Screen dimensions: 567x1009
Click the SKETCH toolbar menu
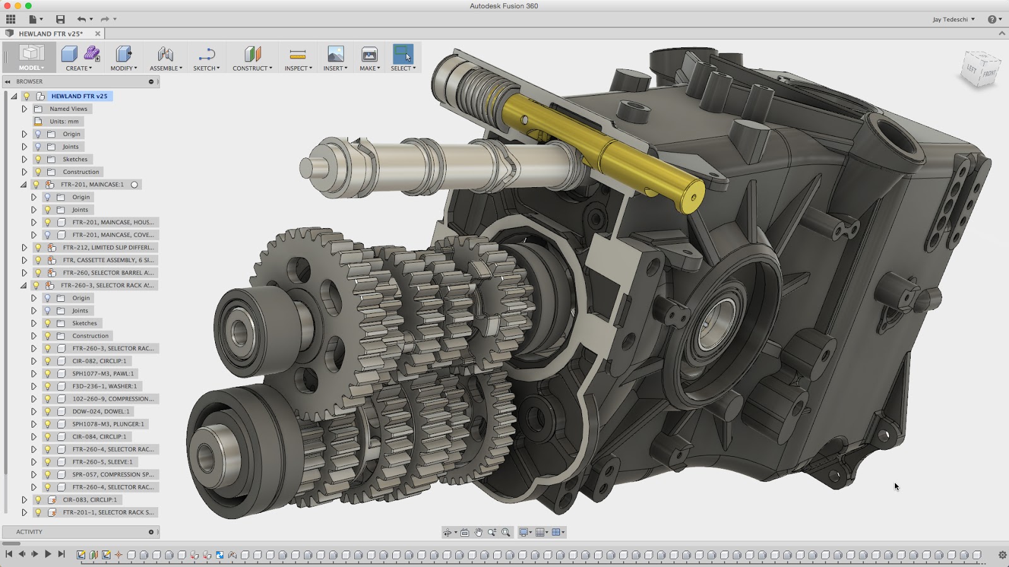click(206, 59)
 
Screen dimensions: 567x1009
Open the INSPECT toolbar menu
click(298, 59)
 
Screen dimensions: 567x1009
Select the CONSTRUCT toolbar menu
click(252, 59)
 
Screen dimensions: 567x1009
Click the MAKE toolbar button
click(370, 59)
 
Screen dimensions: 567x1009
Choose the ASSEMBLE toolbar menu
click(166, 59)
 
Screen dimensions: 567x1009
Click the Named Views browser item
click(68, 109)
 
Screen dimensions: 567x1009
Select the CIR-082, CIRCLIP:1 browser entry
click(99, 361)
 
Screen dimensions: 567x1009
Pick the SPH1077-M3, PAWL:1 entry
click(103, 374)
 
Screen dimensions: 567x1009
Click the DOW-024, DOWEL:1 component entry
click(100, 411)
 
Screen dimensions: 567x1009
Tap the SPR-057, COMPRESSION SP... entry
click(112, 474)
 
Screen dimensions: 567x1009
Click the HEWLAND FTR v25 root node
click(79, 96)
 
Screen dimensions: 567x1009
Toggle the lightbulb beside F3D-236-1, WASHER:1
click(47, 386)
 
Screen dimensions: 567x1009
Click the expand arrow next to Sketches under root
click(25, 159)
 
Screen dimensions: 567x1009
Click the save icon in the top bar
click(60, 20)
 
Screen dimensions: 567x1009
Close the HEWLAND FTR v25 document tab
click(98, 34)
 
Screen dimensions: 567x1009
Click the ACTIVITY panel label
click(29, 532)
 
